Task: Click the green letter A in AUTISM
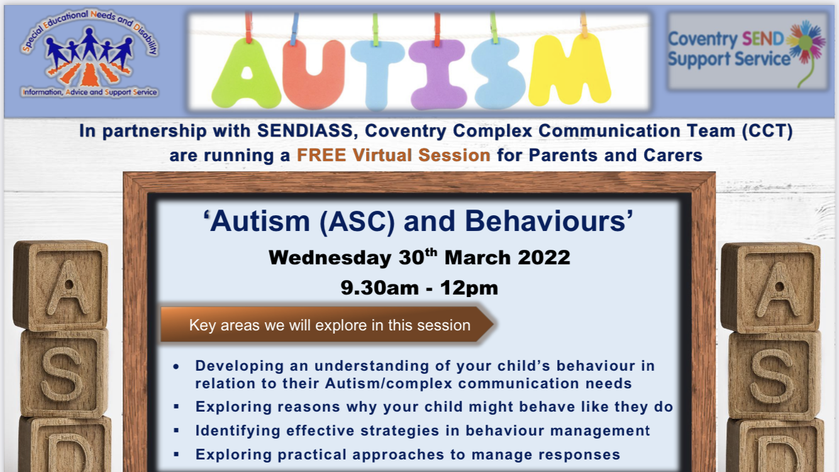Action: [x=246, y=73]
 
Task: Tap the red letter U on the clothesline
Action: [x=313, y=74]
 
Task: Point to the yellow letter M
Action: [x=569, y=70]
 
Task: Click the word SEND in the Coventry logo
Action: [x=763, y=38]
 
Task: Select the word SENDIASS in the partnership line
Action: [x=305, y=131]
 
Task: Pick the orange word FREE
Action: [x=321, y=155]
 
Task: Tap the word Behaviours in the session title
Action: [x=548, y=221]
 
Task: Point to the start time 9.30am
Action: [x=379, y=288]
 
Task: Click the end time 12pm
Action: [x=469, y=289]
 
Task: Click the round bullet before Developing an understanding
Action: [x=176, y=366]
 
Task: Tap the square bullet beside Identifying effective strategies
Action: [x=176, y=430]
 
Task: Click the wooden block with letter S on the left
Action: [x=64, y=373]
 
